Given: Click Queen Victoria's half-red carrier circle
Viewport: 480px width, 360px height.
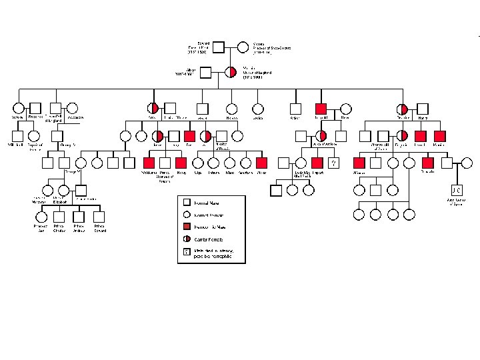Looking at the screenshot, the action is tap(231, 72).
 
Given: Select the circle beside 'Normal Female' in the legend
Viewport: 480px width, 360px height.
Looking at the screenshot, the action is tap(187, 215).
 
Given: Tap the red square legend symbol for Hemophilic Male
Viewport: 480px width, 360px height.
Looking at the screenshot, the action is tap(187, 227).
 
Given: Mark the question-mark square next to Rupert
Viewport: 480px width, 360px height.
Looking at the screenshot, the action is tap(333, 162).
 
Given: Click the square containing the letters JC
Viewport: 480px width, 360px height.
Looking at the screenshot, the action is tap(457, 189).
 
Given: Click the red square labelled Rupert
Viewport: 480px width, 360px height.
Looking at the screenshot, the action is tap(317, 162).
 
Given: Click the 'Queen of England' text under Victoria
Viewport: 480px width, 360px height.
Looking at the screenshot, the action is tap(248, 72).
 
